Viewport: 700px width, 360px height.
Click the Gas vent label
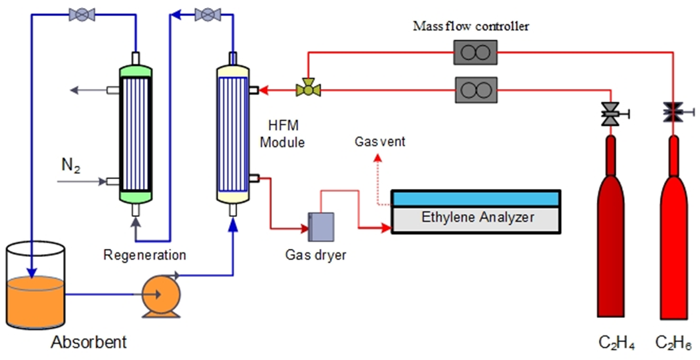tap(379, 142)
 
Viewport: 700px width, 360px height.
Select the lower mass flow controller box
tap(475, 89)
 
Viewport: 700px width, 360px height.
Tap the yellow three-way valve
tap(308, 88)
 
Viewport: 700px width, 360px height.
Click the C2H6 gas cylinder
tap(673, 226)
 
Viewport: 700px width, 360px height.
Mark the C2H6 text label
tap(673, 344)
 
